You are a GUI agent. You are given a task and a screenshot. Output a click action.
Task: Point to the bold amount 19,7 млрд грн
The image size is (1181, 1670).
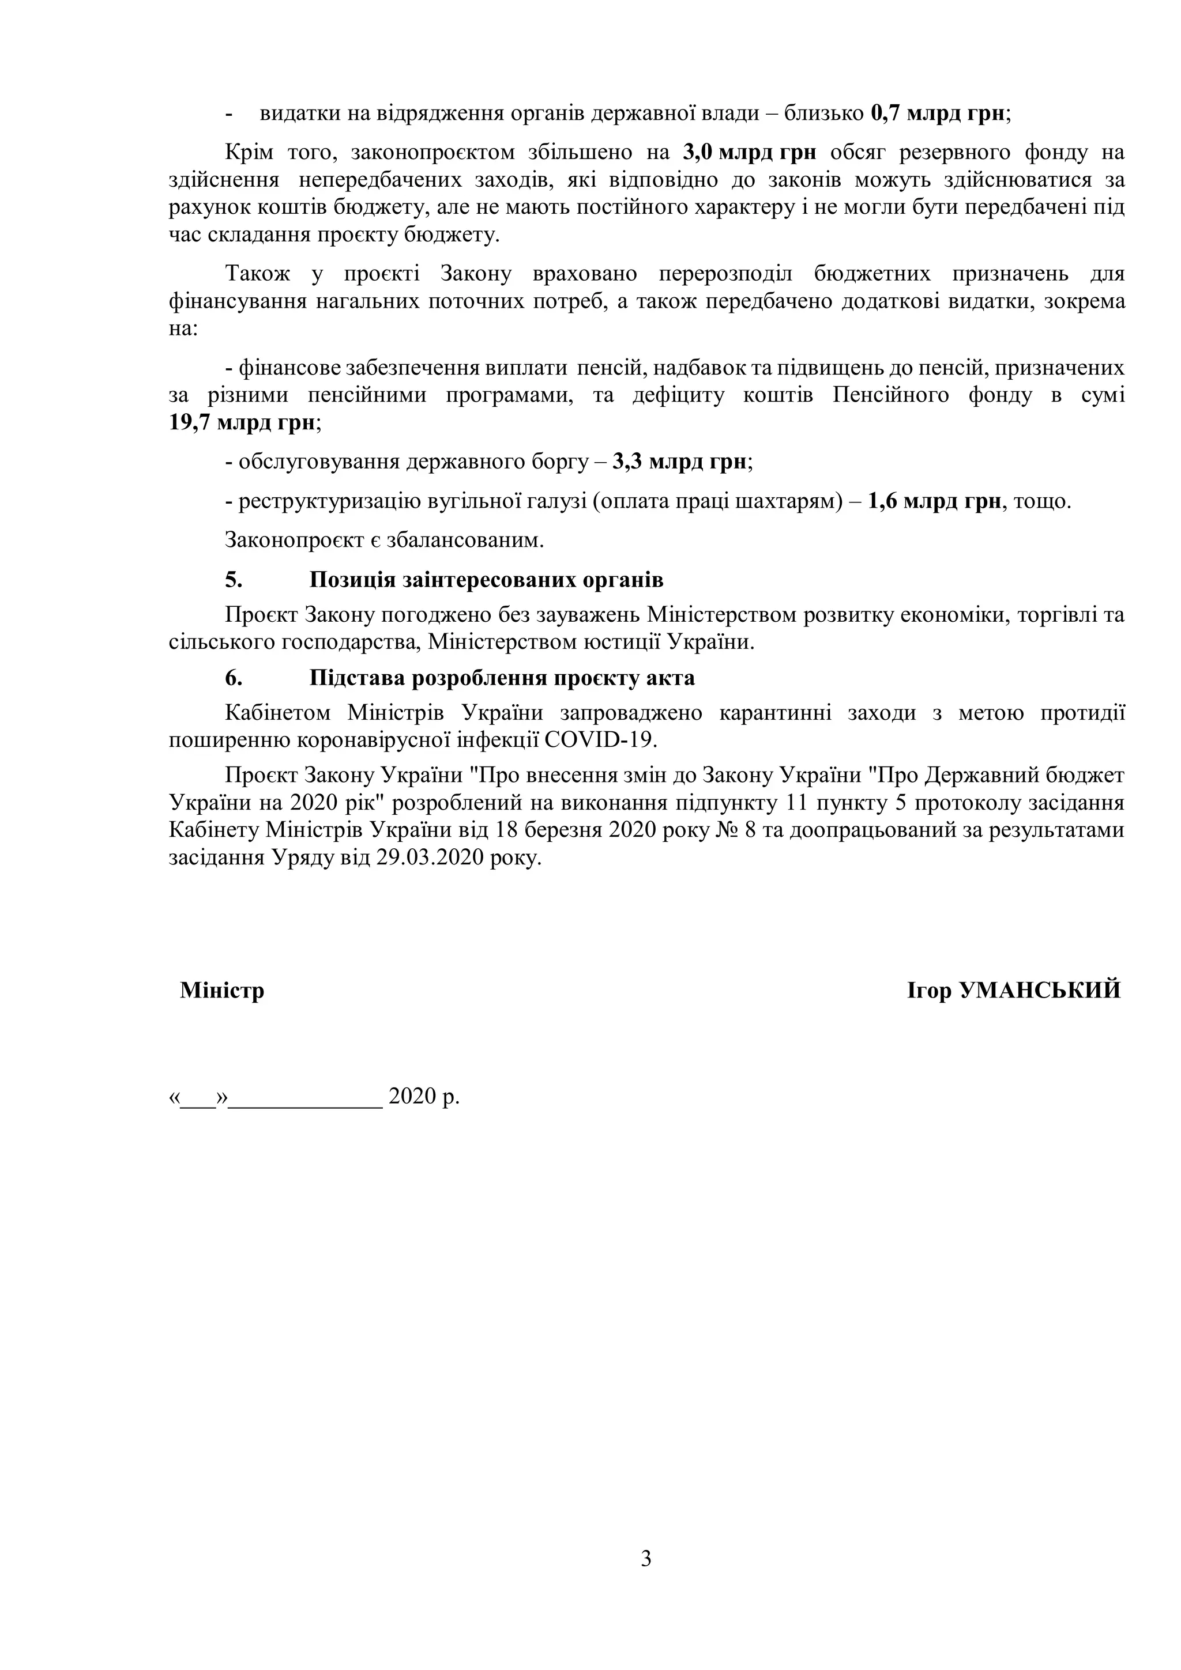[242, 422]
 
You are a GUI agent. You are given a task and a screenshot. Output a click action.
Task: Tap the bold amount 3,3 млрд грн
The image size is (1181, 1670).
[680, 462]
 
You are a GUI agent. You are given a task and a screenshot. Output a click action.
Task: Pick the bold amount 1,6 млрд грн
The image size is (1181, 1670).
[934, 501]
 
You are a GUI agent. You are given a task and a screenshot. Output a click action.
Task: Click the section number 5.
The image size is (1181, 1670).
[233, 580]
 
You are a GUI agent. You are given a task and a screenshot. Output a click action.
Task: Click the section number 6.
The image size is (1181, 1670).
[233, 677]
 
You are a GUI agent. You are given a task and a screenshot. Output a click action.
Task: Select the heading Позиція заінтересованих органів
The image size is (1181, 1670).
[486, 580]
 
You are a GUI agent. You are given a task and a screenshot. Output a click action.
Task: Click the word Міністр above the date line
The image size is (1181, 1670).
[222, 990]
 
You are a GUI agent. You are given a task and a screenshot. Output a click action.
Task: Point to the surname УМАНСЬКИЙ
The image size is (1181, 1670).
[1040, 990]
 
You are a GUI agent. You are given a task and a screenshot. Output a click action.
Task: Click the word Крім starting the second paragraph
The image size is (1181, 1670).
[249, 153]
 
